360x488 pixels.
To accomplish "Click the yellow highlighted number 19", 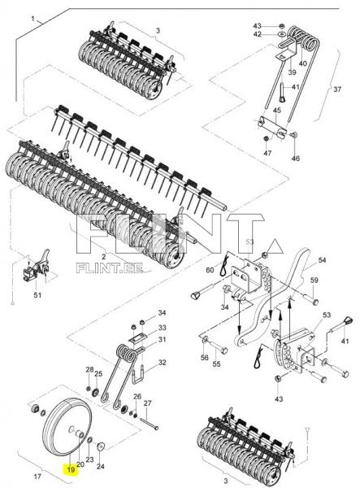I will (71, 469).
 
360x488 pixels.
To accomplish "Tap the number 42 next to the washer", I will (258, 34).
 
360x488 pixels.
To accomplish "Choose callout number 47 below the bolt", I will (267, 153).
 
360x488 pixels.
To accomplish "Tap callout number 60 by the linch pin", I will (210, 270).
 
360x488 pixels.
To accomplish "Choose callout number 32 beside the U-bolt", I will (162, 363).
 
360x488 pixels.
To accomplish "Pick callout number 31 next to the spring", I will (161, 340).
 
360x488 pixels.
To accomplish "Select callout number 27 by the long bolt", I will (148, 403).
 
